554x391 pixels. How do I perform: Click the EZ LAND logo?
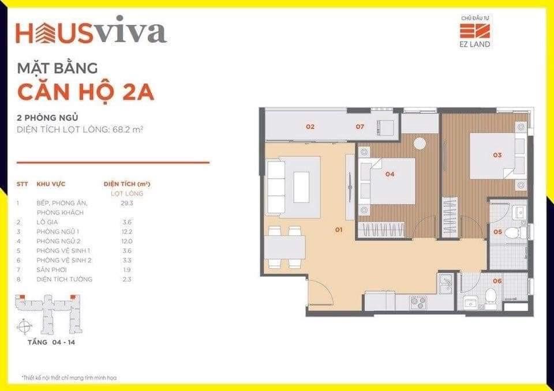pyautogui.click(x=475, y=32)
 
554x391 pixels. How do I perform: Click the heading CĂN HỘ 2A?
pyautogui.click(x=86, y=92)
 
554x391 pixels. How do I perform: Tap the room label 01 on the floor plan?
pyautogui.click(x=339, y=230)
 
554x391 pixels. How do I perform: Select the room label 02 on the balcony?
pyautogui.click(x=310, y=126)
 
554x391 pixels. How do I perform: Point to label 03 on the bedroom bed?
pyautogui.click(x=497, y=155)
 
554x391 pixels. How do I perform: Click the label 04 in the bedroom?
pyautogui.click(x=390, y=174)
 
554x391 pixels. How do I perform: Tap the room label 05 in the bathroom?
pyautogui.click(x=498, y=232)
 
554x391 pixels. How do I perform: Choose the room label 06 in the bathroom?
pyautogui.click(x=497, y=281)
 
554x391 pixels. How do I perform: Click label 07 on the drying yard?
pyautogui.click(x=360, y=126)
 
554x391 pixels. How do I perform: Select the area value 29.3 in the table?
pyautogui.click(x=127, y=203)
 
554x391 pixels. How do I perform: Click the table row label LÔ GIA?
pyautogui.click(x=47, y=222)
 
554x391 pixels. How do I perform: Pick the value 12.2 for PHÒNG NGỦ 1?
pyautogui.click(x=127, y=232)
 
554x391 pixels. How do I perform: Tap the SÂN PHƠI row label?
pyautogui.click(x=51, y=270)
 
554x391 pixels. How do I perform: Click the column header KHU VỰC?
pyautogui.click(x=51, y=184)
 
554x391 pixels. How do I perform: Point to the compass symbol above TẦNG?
pyautogui.click(x=24, y=326)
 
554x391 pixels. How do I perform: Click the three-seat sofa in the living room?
pyautogui.click(x=276, y=187)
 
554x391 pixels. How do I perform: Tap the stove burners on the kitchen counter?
pyautogui.click(x=418, y=303)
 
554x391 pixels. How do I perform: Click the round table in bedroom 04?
pyautogui.click(x=420, y=143)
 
